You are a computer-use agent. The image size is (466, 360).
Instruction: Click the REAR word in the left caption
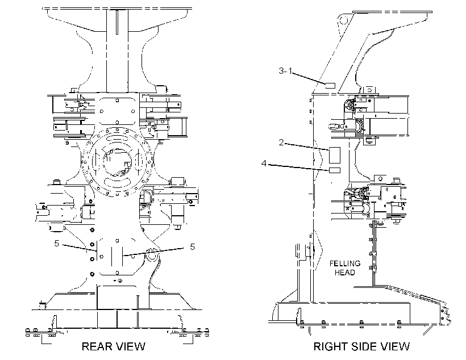95,346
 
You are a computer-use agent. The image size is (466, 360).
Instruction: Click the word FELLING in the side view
345,263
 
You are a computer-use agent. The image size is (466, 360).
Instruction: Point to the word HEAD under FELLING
345,273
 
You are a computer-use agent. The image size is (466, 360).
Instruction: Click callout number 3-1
285,71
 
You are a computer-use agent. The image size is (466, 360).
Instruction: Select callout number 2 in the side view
281,143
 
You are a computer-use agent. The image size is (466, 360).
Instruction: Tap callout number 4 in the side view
264,164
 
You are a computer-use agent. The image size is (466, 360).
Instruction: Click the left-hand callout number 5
57,244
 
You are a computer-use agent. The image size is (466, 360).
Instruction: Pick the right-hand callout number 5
192,247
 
